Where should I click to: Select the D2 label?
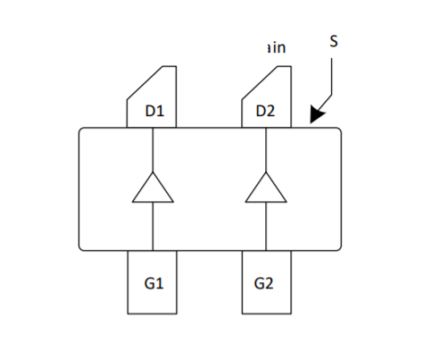point(265,112)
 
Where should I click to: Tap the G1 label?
point(153,284)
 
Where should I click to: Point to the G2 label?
point(264,284)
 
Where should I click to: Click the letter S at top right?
point(334,41)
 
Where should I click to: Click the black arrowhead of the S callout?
point(316,115)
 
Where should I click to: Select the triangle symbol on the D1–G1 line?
point(153,188)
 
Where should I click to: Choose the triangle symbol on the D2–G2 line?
point(265,188)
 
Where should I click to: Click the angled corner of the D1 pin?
point(144,81)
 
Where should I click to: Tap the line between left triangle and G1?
point(153,227)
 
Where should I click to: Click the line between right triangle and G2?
point(265,227)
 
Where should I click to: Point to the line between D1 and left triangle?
point(153,150)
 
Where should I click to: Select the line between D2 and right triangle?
point(265,150)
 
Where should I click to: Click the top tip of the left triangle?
point(153,172)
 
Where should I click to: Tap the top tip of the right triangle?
point(265,172)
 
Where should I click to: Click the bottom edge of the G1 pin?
point(153,314)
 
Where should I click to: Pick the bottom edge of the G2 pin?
point(265,314)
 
